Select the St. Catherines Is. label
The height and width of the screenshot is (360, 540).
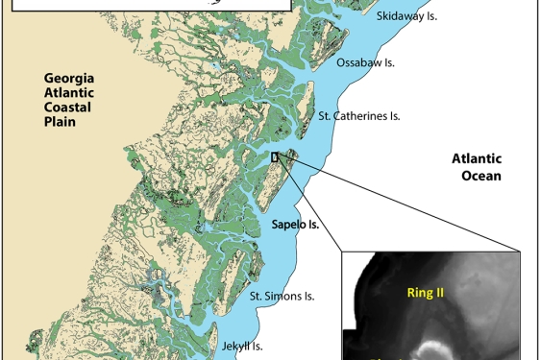pyautogui.click(x=358, y=116)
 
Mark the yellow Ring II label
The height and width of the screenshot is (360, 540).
pyautogui.click(x=425, y=292)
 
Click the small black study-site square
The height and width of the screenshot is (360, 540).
pyautogui.click(x=275, y=157)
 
